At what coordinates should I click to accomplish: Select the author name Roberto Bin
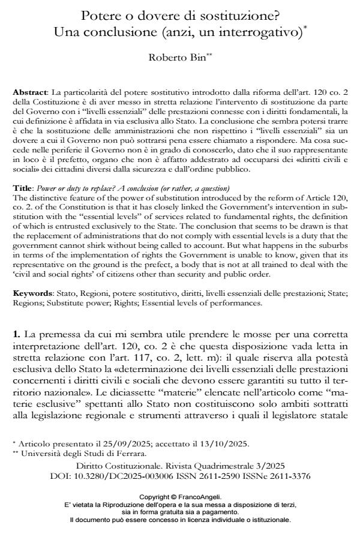[x=179, y=58]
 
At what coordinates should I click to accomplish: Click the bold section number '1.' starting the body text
[x=17, y=331]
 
